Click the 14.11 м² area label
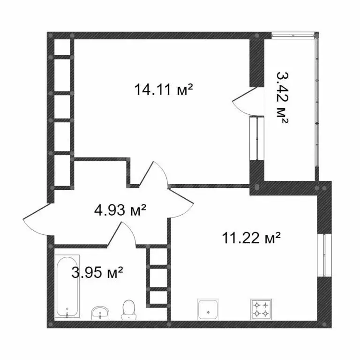(164, 89)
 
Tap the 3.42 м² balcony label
(282, 97)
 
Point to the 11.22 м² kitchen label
(251, 239)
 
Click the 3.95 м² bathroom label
(97, 271)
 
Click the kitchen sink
(207, 309)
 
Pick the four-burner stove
(261, 309)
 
